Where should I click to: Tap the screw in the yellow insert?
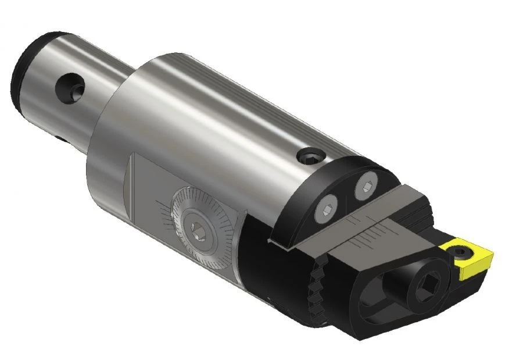click(x=461, y=251)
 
